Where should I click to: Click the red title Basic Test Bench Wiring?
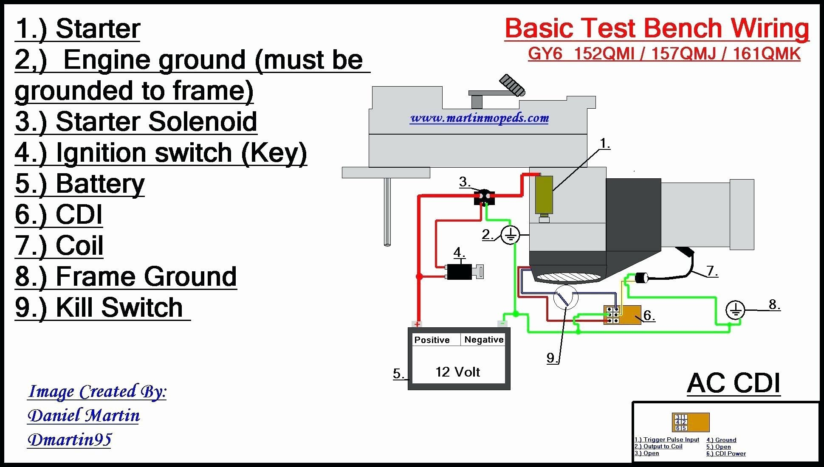(657, 29)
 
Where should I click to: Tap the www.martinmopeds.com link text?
(479, 118)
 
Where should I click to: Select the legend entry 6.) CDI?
(59, 214)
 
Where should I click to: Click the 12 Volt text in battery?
(457, 372)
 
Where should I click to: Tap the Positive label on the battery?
(432, 340)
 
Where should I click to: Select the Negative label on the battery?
(484, 340)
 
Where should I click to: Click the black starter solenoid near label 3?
(484, 198)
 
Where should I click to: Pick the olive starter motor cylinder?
(544, 194)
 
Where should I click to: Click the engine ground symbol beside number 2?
(510, 235)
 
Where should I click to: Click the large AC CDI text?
(734, 383)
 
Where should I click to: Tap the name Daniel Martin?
(84, 415)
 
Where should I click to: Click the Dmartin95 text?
(70, 439)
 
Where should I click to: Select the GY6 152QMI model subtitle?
(664, 54)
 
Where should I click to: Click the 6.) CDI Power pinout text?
(726, 453)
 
